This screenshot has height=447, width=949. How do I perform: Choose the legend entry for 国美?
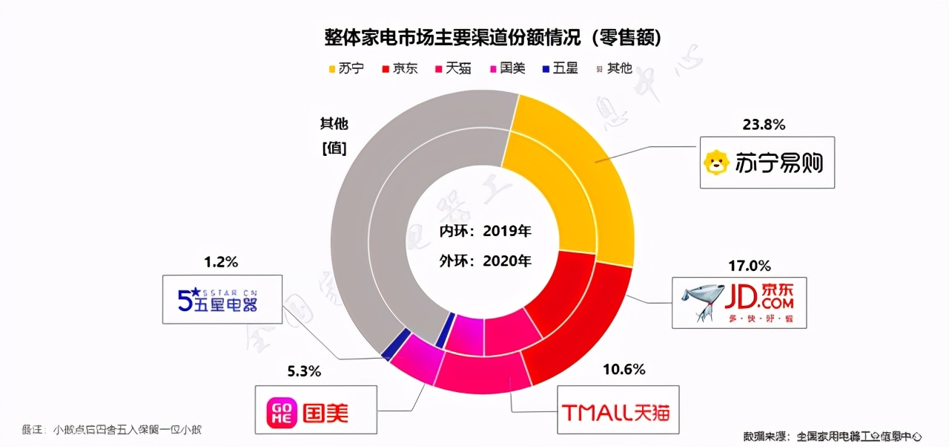click(x=506, y=68)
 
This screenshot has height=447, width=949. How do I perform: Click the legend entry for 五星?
click(x=560, y=68)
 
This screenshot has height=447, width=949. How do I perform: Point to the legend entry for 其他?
click(x=614, y=68)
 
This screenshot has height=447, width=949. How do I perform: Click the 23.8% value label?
click(x=764, y=125)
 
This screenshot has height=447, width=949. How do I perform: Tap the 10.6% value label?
click(x=624, y=369)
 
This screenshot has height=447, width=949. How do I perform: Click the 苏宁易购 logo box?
click(x=767, y=161)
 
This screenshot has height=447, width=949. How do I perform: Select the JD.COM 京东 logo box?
click(x=738, y=302)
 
